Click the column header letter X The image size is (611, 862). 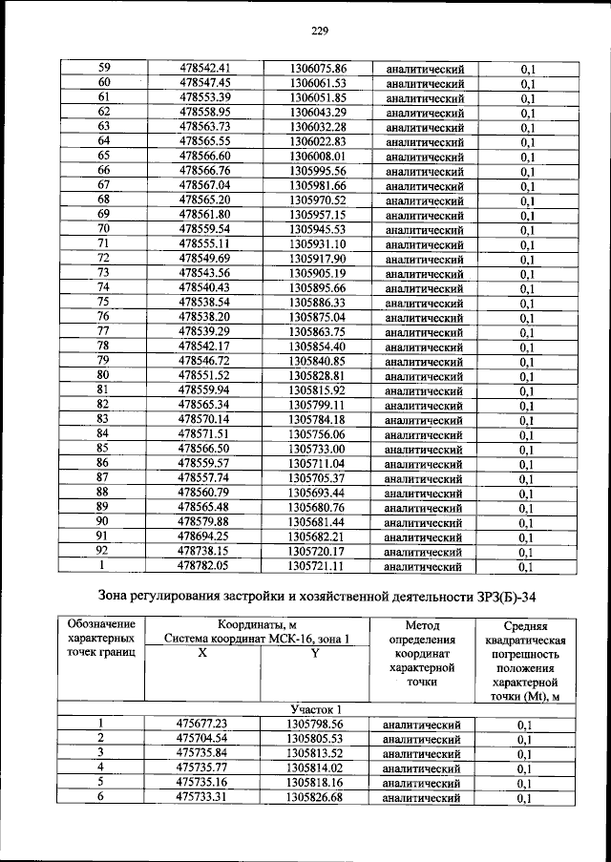click(x=201, y=652)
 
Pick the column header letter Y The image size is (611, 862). click(x=314, y=652)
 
